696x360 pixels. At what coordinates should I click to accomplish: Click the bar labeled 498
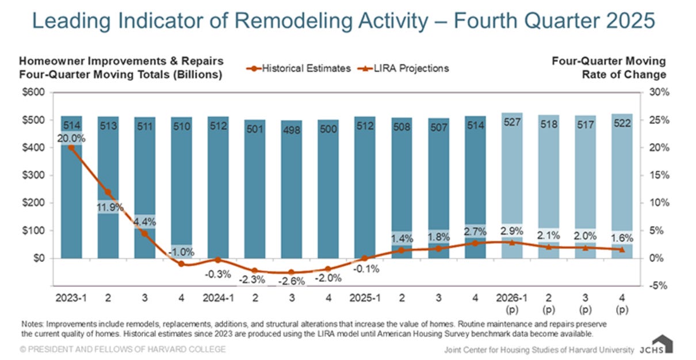pyautogui.click(x=291, y=190)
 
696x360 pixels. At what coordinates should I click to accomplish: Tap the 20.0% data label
pyautogui.click(x=71, y=138)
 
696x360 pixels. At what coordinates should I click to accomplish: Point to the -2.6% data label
pyautogui.click(x=291, y=282)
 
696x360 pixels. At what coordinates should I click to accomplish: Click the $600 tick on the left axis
pyautogui.click(x=33, y=93)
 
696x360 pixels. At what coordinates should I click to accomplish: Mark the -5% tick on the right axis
pyautogui.click(x=656, y=286)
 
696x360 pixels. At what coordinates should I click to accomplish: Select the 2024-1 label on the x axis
pyautogui.click(x=218, y=299)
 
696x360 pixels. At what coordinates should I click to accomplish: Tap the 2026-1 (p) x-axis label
pyautogui.click(x=512, y=305)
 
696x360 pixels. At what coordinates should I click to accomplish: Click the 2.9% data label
pyautogui.click(x=512, y=231)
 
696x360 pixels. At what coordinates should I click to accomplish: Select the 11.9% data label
pyautogui.click(x=108, y=207)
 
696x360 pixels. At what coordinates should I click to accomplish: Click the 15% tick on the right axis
pyautogui.click(x=656, y=175)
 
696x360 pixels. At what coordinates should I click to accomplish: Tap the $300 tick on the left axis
pyautogui.click(x=33, y=175)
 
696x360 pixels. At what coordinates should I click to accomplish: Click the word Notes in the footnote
pyautogui.click(x=32, y=324)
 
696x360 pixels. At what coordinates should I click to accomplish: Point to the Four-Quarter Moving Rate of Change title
pyautogui.click(x=609, y=68)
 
